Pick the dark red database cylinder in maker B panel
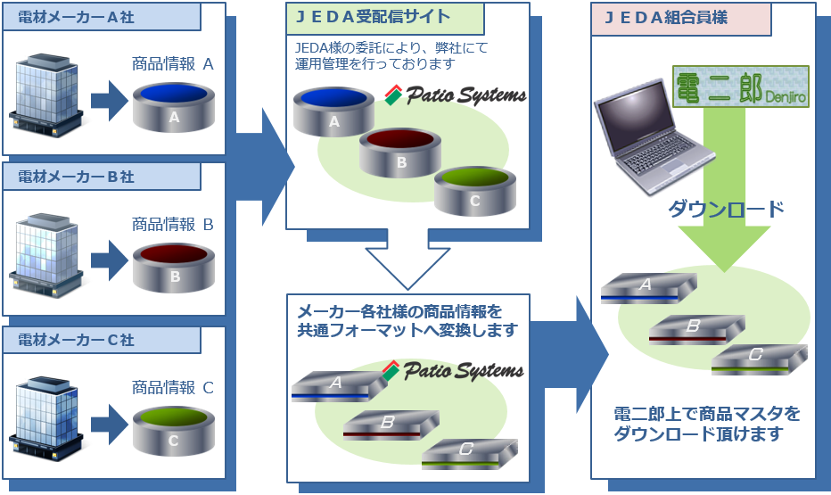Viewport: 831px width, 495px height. coord(175,266)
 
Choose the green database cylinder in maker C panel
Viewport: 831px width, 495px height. coord(174,430)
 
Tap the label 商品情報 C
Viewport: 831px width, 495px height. coord(173,388)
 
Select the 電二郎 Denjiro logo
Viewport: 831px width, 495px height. coord(741,87)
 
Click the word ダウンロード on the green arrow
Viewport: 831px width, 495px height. coord(726,210)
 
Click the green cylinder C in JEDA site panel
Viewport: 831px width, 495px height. coord(474,190)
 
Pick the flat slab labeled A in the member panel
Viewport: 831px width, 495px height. coord(648,288)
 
